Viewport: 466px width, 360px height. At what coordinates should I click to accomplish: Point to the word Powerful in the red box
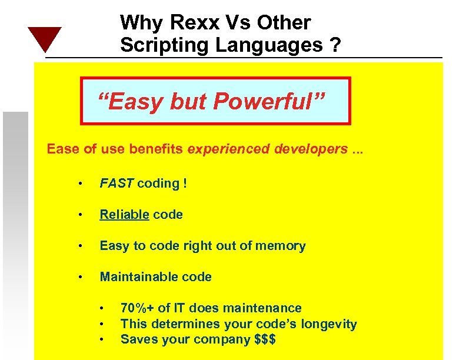click(x=268, y=102)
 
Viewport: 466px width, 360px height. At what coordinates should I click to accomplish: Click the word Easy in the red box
click(x=131, y=102)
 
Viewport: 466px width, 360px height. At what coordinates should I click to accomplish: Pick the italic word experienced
click(x=230, y=148)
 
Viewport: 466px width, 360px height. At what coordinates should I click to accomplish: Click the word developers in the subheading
click(x=311, y=148)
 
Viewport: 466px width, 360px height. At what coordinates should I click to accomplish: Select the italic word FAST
click(x=117, y=183)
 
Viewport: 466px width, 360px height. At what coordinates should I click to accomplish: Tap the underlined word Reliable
click(x=124, y=214)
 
